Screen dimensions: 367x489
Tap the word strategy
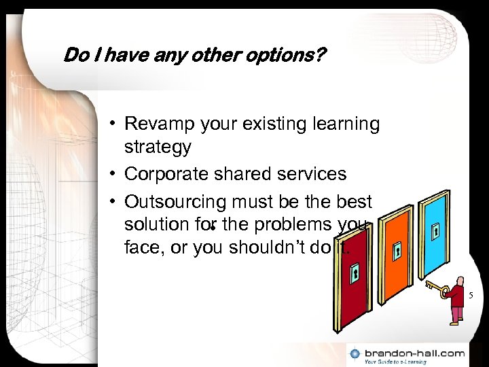pyautogui.click(x=158, y=147)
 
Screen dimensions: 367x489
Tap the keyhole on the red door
pyautogui.click(x=355, y=275)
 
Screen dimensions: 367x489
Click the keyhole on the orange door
pyautogui.click(x=398, y=250)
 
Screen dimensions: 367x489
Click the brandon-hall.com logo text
pyautogui.click(x=415, y=352)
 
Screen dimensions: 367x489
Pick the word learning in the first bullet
pyautogui.click(x=338, y=125)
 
